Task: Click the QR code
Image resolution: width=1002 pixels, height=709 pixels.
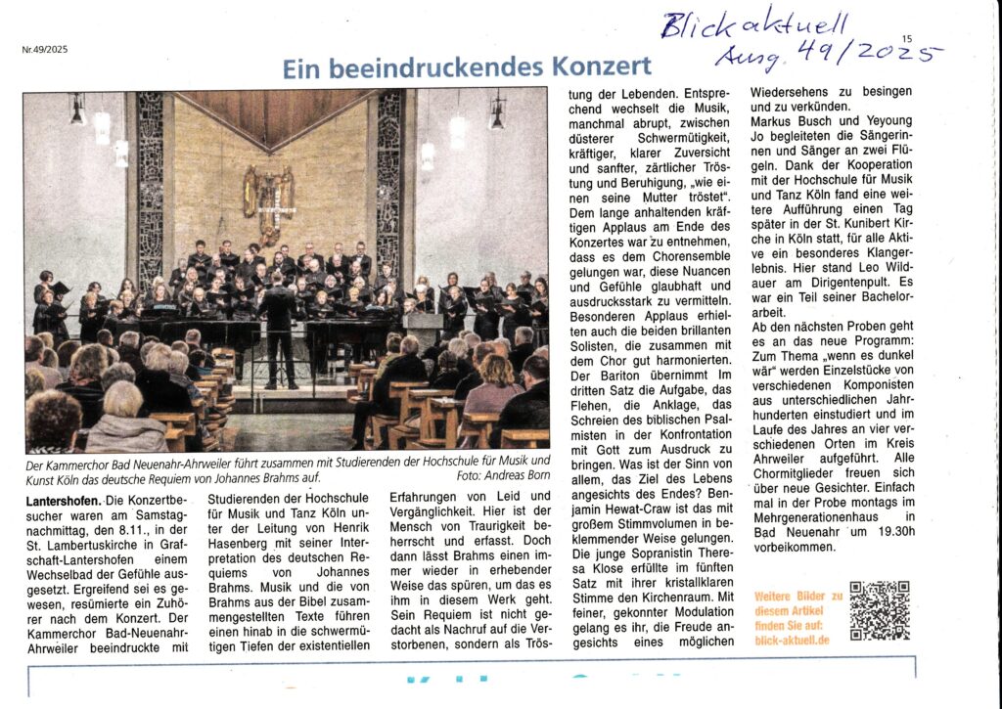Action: pos(879,610)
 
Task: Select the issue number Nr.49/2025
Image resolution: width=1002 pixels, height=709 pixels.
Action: pos(46,48)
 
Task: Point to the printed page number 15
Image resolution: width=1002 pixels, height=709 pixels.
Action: pos(907,39)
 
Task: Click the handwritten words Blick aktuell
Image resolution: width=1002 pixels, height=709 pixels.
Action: pos(753,22)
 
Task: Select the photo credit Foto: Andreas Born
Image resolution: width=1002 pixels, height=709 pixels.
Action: pos(502,475)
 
